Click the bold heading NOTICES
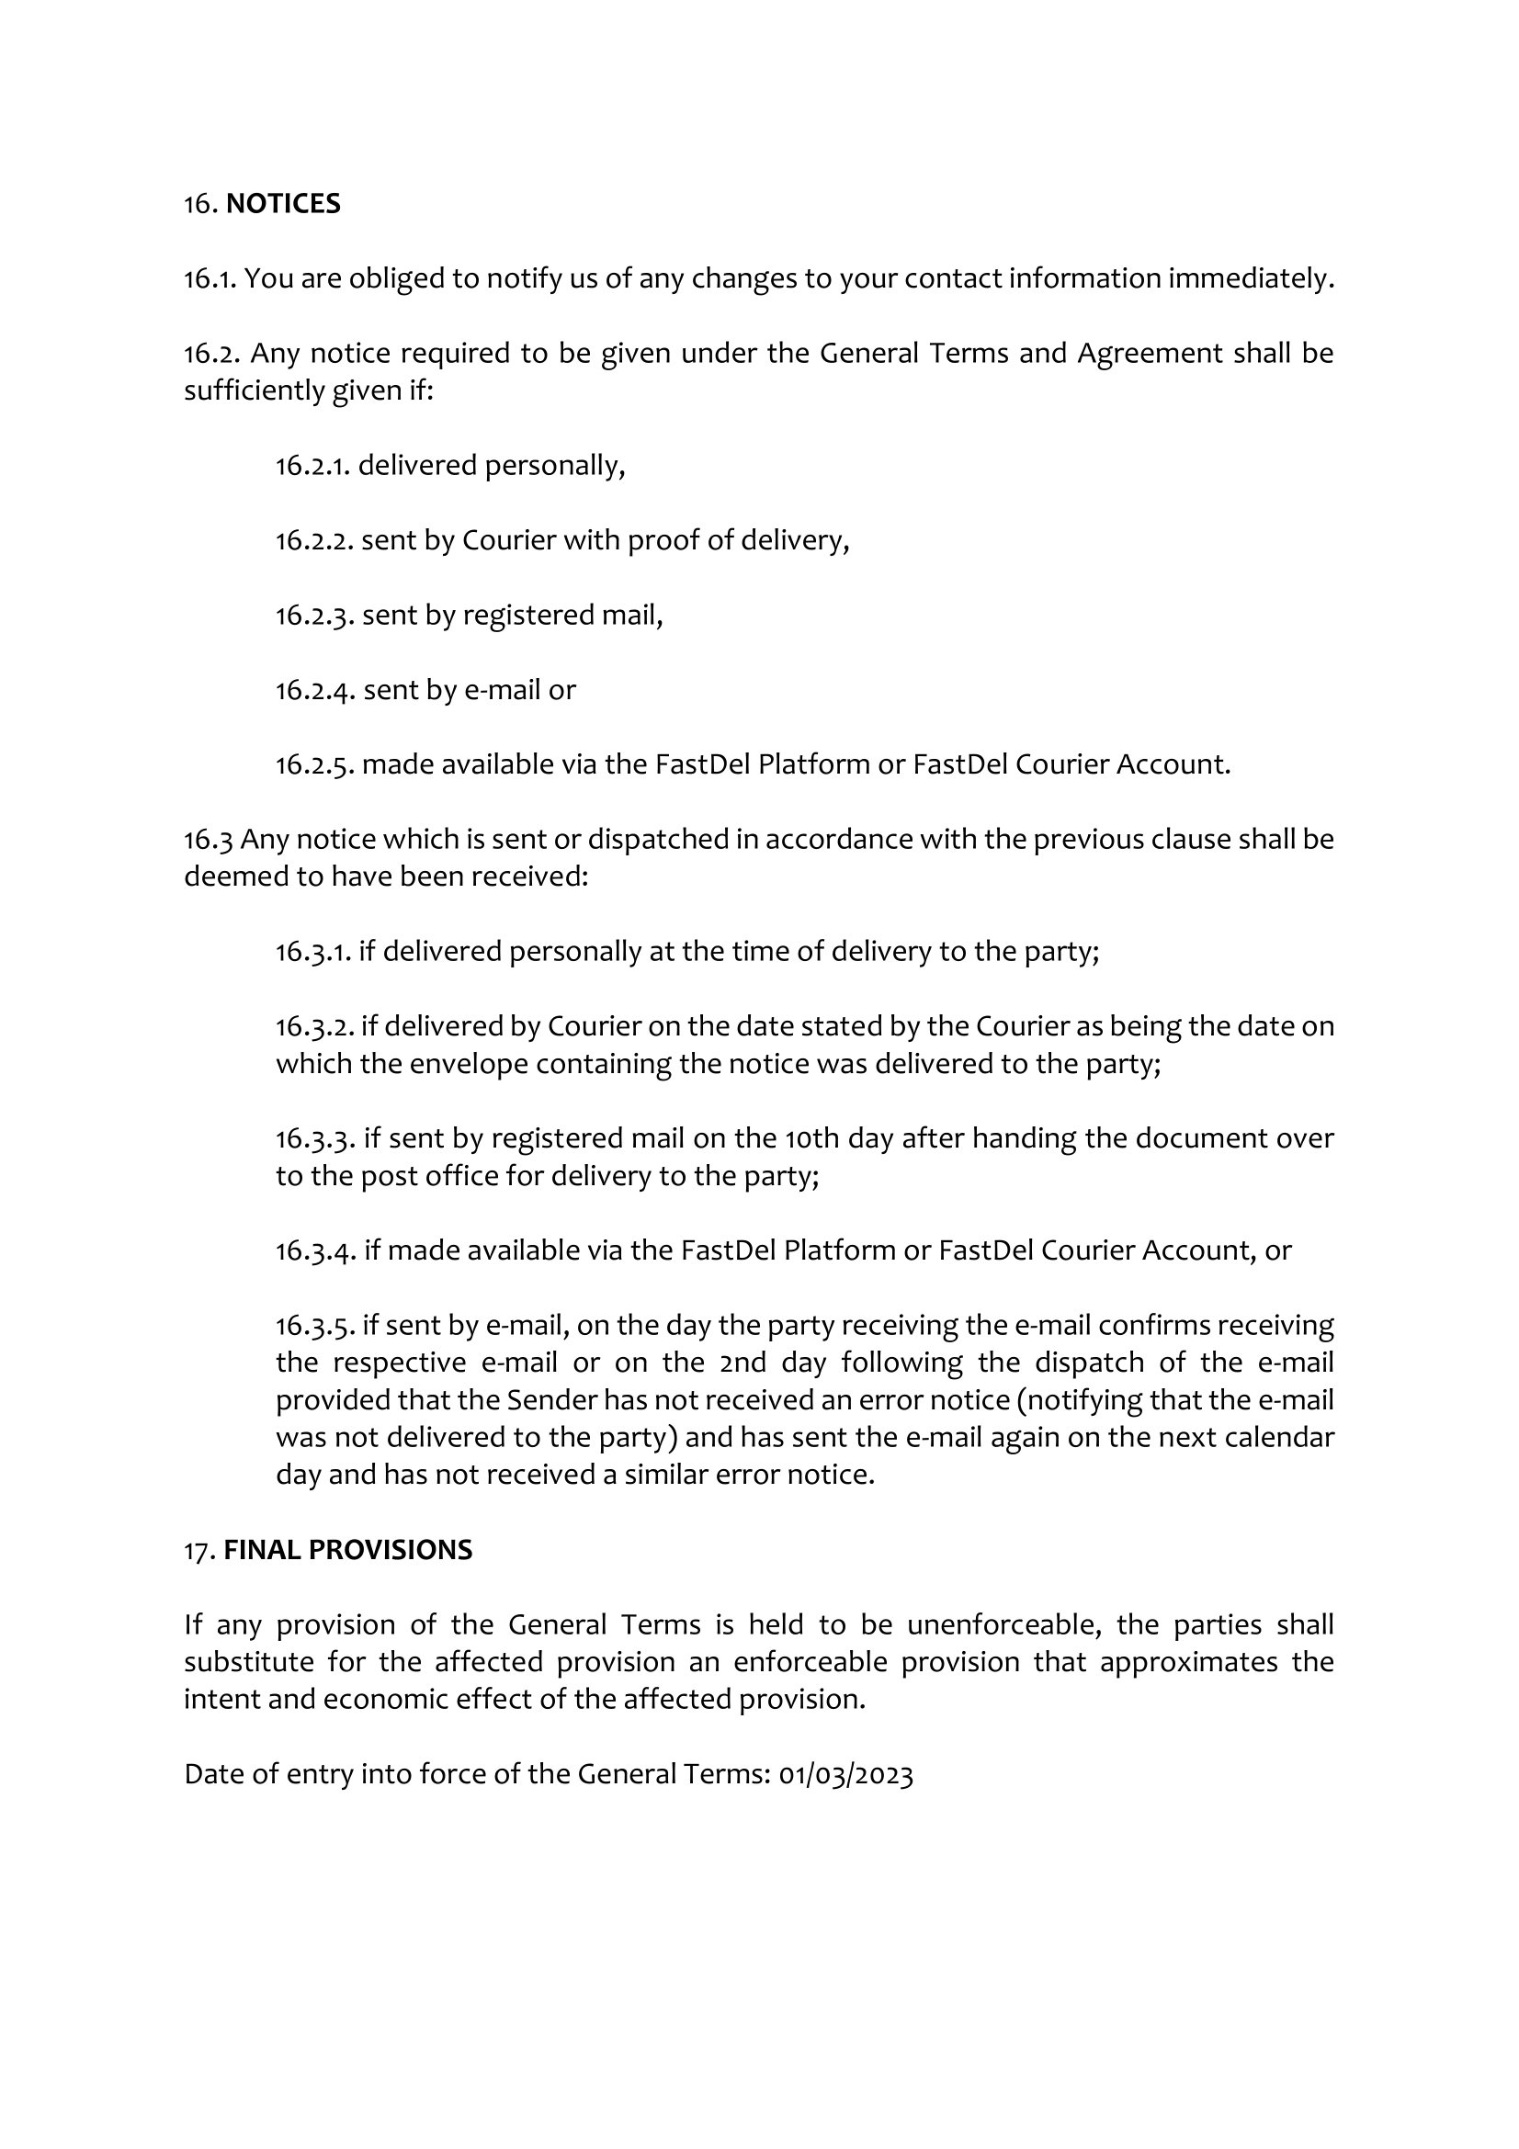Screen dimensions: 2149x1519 283,203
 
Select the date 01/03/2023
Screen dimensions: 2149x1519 845,1775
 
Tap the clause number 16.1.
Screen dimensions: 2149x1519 210,278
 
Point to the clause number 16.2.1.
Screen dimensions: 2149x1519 312,465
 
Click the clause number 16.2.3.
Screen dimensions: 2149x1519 314,615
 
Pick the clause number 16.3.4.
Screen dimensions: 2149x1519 315,1250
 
